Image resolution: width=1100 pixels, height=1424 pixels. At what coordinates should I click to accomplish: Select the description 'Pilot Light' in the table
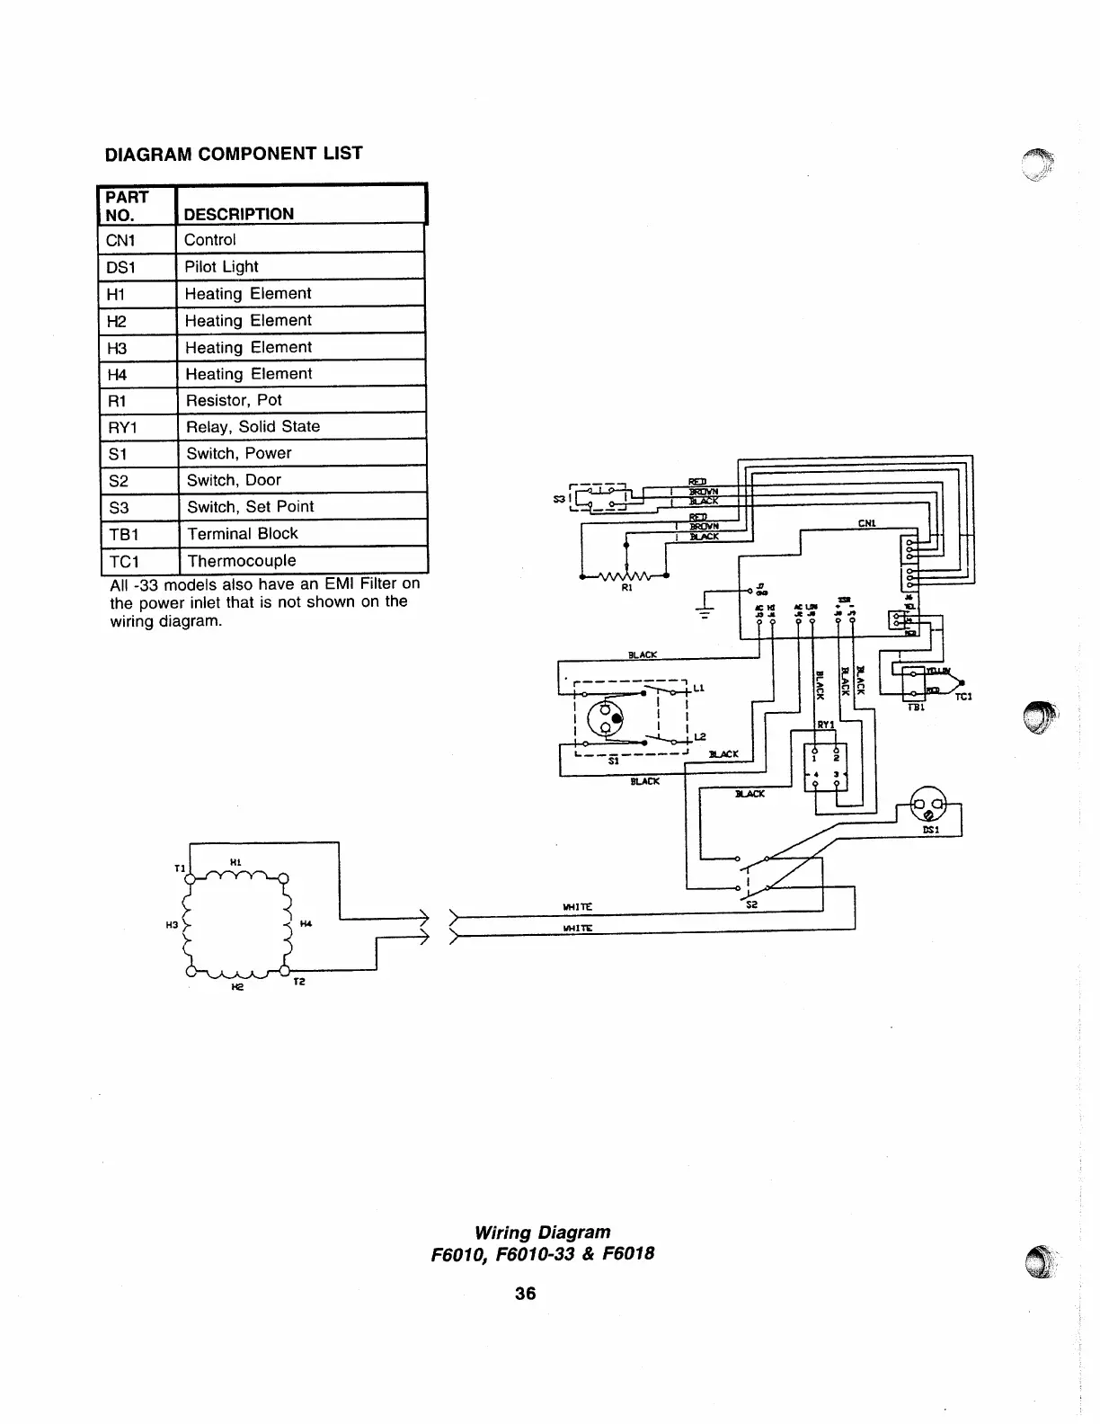point(221,267)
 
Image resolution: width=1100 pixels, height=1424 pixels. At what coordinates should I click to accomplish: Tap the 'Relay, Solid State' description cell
point(253,427)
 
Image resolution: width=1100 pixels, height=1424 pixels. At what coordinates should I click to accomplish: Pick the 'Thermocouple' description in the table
point(241,561)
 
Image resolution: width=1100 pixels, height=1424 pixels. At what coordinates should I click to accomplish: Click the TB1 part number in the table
point(124,534)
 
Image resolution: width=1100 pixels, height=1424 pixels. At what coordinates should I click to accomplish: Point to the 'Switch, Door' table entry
point(234,480)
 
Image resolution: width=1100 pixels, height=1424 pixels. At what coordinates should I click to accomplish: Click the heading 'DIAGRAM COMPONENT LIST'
point(234,154)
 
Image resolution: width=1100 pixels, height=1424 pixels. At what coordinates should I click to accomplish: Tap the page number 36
point(525,1293)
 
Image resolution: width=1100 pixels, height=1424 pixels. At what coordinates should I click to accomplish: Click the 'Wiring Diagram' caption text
point(542,1232)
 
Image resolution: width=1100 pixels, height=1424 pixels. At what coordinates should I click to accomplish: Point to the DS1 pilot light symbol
point(928,803)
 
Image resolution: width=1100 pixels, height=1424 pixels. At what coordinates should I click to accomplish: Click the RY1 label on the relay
point(826,725)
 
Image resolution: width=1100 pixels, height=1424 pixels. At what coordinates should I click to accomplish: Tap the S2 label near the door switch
point(753,904)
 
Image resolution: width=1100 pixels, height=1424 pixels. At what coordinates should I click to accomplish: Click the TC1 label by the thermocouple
point(963,697)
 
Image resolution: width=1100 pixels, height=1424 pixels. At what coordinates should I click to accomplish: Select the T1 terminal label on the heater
point(179,868)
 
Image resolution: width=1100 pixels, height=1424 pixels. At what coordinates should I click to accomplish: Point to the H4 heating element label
point(306,923)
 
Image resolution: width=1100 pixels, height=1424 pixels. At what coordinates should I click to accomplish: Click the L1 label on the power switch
point(698,689)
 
